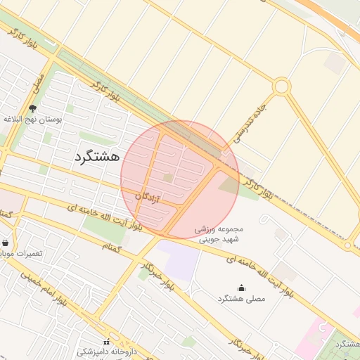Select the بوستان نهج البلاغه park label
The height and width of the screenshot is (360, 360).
pos(33,120)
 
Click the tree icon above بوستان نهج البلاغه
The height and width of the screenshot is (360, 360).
pos(33,108)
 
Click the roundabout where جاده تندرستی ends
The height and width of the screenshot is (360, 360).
pos(282,86)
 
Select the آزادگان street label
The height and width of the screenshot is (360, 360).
pos(153,199)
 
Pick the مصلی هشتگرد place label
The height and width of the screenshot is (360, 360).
pos(241,299)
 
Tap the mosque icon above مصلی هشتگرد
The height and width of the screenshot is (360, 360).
pos(242,287)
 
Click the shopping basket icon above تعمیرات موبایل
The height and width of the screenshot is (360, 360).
pos(6,242)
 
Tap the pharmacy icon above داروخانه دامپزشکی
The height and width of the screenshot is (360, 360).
pos(106,342)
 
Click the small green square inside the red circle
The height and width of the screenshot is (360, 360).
pos(168,177)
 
